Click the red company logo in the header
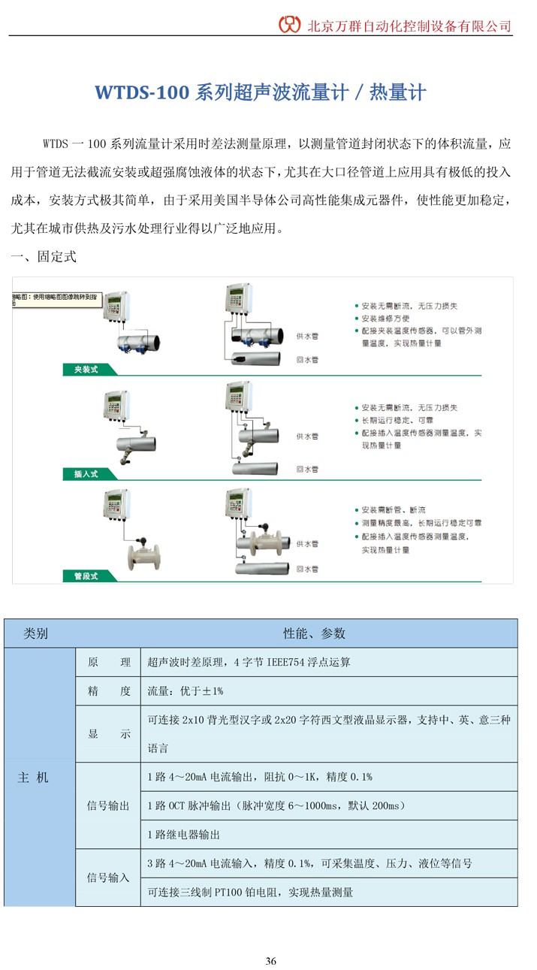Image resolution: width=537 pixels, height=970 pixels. [290, 24]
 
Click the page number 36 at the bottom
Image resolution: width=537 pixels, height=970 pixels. [271, 961]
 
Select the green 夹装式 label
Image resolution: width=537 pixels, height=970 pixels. [80, 370]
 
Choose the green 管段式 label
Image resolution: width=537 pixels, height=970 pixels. [80, 576]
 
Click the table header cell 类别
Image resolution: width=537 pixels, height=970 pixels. [36, 633]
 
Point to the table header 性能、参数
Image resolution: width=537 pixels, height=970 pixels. [314, 633]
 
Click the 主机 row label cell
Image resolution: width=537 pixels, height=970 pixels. [33, 778]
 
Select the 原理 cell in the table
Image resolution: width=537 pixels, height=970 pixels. [109, 663]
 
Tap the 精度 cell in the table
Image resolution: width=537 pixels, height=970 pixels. [109, 690]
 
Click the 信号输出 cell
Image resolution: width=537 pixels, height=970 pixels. [109, 805]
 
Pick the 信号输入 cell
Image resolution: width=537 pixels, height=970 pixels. [109, 877]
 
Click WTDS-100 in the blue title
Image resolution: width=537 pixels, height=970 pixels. [141, 92]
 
